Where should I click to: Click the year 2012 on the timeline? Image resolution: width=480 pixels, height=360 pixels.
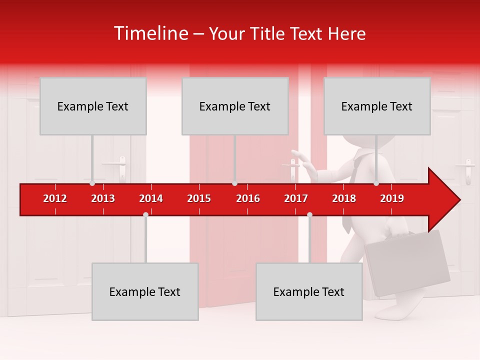(55, 198)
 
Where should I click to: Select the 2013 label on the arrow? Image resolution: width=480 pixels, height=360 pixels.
(103, 198)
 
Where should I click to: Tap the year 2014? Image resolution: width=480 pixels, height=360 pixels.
(151, 198)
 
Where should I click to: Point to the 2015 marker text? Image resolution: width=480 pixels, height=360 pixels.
(199, 198)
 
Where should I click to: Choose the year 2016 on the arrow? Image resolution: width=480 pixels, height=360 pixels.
(248, 198)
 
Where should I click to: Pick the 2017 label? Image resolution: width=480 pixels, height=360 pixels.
(296, 198)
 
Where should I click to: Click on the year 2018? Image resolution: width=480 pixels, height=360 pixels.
(344, 198)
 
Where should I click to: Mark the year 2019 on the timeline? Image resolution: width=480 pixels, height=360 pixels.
(392, 198)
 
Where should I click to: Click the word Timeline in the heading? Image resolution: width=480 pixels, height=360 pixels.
(150, 33)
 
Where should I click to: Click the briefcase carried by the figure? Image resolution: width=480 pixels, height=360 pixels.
(407, 262)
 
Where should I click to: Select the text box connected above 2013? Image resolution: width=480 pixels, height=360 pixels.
(93, 106)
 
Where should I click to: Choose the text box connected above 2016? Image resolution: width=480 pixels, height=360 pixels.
(235, 106)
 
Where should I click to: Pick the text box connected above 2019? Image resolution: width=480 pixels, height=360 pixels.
(377, 106)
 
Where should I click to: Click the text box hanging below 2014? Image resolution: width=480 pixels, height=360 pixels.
(145, 291)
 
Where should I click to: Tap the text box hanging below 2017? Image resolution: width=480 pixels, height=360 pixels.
(309, 291)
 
